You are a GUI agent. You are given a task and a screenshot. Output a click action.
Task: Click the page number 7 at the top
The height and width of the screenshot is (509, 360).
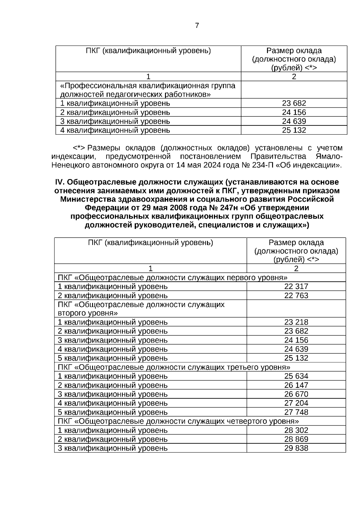(x=197, y=25)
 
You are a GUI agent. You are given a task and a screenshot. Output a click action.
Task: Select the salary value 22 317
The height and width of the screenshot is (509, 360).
(x=296, y=286)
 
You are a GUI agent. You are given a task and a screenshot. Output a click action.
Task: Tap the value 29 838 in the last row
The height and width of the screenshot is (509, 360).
(x=296, y=448)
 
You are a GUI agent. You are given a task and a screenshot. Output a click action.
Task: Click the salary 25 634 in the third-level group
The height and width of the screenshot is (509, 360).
(x=296, y=376)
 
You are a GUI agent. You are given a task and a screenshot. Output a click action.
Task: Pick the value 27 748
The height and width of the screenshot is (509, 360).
(x=296, y=412)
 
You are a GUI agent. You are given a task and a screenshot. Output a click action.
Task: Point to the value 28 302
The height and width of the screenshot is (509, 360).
(x=296, y=430)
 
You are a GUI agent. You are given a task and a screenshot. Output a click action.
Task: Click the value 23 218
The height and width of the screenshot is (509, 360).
(x=296, y=322)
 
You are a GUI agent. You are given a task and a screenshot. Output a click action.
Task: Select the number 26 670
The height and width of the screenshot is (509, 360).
(x=296, y=394)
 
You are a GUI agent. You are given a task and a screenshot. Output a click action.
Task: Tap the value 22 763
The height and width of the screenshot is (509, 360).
(x=296, y=295)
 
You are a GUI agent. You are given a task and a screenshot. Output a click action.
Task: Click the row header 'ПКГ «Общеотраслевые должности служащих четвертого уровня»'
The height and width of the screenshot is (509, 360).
(x=178, y=421)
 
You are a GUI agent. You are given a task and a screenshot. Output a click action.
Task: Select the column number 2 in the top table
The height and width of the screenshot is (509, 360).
(x=294, y=77)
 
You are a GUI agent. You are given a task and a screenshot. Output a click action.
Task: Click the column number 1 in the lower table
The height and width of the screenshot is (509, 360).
(x=150, y=268)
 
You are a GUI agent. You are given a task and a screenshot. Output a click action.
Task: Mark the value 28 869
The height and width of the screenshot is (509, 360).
(x=296, y=439)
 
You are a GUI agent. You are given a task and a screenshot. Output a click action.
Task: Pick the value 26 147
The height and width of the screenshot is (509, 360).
(x=296, y=385)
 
